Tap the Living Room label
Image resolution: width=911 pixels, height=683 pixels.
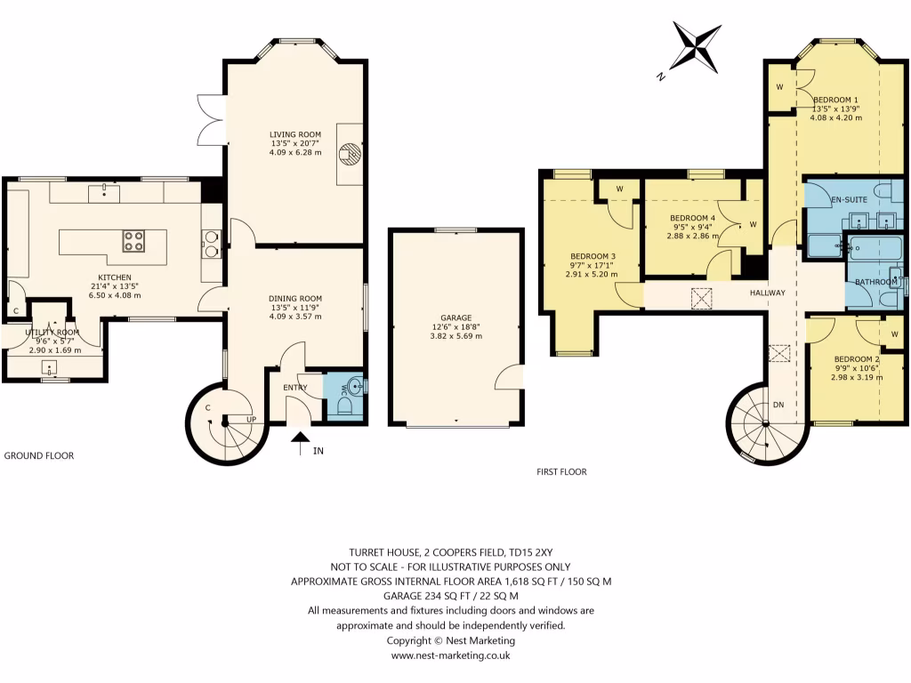click(x=295, y=134)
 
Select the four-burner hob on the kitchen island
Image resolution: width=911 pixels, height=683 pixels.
click(x=133, y=241)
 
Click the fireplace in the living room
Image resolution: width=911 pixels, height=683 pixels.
click(x=351, y=156)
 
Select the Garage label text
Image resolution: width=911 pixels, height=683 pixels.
click(x=455, y=317)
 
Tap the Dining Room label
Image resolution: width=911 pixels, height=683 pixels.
click(x=295, y=299)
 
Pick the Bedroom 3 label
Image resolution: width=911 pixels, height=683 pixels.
click(x=591, y=256)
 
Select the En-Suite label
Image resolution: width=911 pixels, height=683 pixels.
click(x=849, y=201)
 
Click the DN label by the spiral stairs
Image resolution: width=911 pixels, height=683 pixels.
click(x=778, y=405)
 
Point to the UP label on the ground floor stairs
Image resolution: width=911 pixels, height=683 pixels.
click(x=252, y=419)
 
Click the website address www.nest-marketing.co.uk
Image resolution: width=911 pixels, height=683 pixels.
click(x=450, y=655)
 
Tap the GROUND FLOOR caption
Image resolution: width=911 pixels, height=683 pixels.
click(x=39, y=455)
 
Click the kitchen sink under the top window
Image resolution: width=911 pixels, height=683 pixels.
click(x=106, y=190)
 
